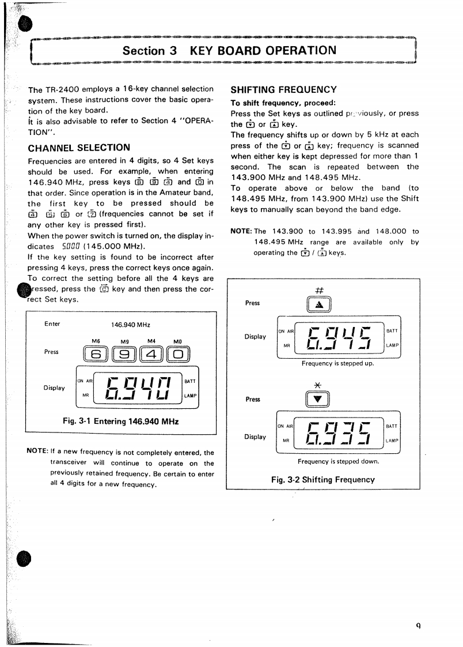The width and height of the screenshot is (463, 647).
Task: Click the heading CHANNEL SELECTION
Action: click(x=79, y=148)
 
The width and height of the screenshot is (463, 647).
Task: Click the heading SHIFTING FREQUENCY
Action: click(x=283, y=90)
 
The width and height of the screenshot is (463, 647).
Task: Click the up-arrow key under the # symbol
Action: click(x=318, y=304)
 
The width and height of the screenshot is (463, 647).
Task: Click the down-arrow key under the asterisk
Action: click(x=318, y=398)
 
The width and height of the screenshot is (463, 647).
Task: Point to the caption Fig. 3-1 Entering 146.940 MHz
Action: click(x=121, y=421)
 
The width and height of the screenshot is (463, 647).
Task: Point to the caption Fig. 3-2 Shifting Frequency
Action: click(x=322, y=479)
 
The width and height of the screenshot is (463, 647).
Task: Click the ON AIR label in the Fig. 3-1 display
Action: click(x=84, y=381)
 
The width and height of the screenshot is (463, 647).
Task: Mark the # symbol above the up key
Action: click(x=318, y=289)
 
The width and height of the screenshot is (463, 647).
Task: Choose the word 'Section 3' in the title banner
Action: click(x=149, y=51)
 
